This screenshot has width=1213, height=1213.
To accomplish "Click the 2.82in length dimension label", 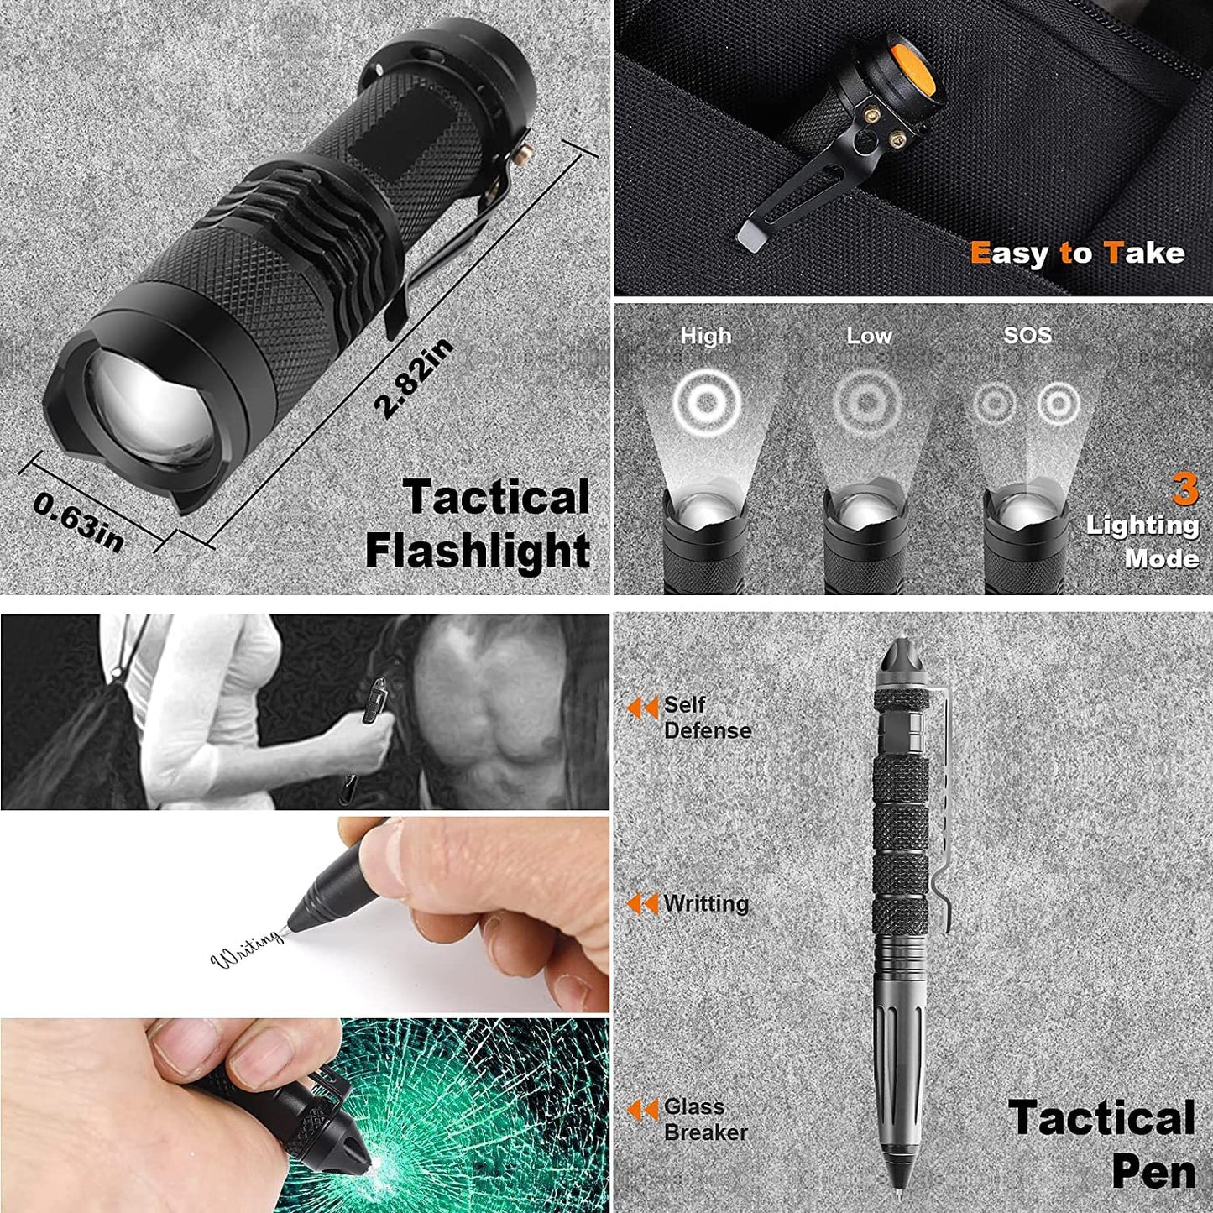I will point(414,377).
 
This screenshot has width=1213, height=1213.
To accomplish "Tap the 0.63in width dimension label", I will point(78,521).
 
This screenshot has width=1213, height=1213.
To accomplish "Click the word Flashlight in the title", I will point(478,552).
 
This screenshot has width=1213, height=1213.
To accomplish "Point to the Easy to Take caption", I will point(1077,253).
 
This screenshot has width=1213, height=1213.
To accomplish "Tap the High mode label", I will point(706,336).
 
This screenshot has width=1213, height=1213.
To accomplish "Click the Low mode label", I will point(868,336).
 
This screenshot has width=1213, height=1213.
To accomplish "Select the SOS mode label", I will point(1027,335).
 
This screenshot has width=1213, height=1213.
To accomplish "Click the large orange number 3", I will point(1184,489).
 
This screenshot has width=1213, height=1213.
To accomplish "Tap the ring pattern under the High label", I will point(707,402).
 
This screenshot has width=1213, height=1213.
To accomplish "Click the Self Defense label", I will point(706,718).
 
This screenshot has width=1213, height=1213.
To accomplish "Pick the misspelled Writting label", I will point(705,903).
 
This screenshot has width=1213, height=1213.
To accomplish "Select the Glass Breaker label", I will point(704,1119).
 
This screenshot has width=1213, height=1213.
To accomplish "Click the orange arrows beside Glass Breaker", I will point(643,1110).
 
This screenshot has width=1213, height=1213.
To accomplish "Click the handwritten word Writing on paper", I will point(247,949).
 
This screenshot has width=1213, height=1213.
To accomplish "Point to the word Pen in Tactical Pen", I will point(1153,1173).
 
